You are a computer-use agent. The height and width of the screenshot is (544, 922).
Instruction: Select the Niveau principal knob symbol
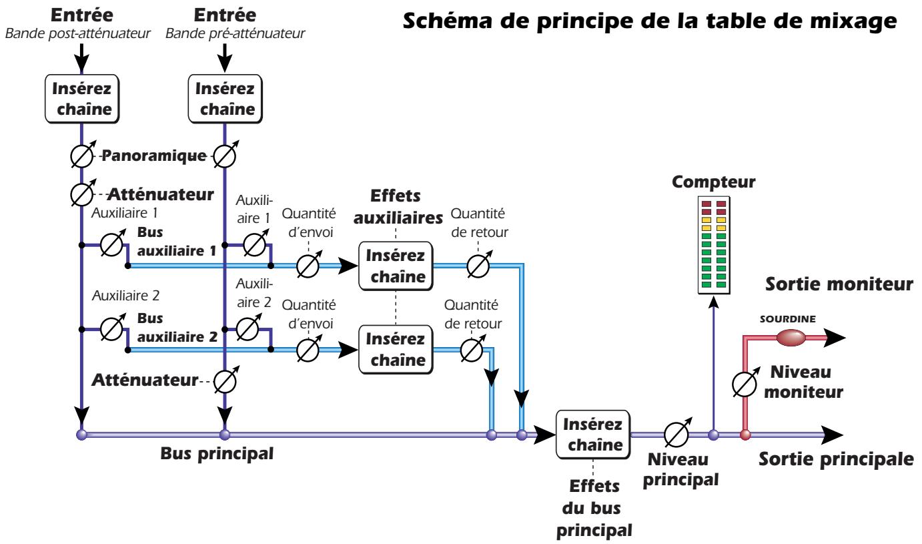click(x=676, y=435)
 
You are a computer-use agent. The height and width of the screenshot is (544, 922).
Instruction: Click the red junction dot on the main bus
click(x=746, y=435)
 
